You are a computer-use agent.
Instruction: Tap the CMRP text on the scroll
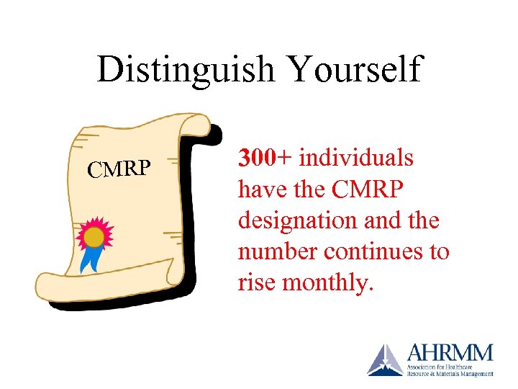click(x=119, y=169)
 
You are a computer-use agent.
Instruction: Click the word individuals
click(x=356, y=157)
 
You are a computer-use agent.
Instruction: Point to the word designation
click(x=295, y=220)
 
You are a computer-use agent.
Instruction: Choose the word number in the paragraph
click(x=278, y=252)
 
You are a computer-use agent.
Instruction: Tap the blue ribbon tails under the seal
click(x=90, y=259)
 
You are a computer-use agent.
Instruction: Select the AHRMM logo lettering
click(x=450, y=354)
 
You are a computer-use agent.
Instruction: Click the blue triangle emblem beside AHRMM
click(x=386, y=360)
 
